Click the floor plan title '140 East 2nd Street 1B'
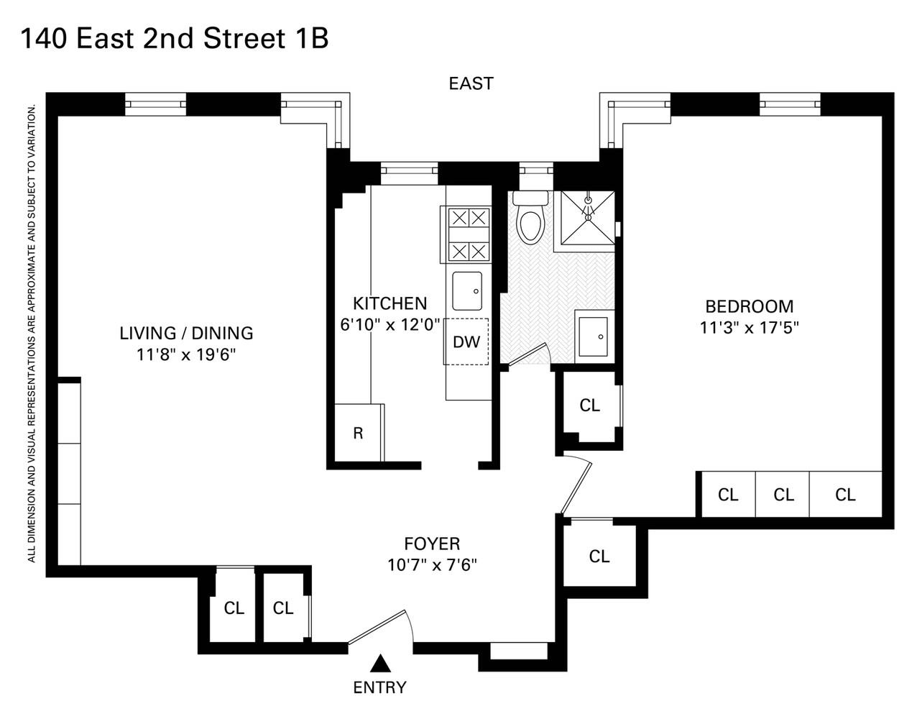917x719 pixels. (x=175, y=39)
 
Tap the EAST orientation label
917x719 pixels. (x=471, y=83)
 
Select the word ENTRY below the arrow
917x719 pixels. (x=379, y=687)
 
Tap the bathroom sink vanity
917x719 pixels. (x=594, y=336)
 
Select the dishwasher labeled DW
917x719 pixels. (x=466, y=341)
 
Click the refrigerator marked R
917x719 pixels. (x=358, y=433)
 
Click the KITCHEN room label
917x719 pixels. (x=390, y=303)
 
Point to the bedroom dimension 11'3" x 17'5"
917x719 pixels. (x=749, y=328)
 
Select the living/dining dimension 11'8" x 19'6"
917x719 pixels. (x=186, y=354)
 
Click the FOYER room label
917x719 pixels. (x=431, y=544)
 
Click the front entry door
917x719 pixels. (x=379, y=628)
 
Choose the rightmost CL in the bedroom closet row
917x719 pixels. (x=845, y=495)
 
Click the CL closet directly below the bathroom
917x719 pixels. (x=589, y=406)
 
